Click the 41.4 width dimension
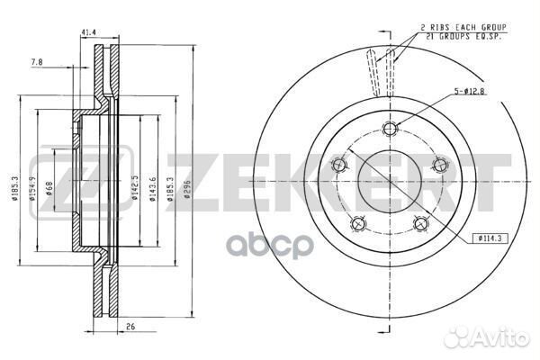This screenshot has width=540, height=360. pos(88,32)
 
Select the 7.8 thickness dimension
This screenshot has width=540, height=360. pos(35,63)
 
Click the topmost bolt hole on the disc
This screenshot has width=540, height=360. pos(388,127)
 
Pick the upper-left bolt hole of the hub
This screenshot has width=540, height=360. pos(338,164)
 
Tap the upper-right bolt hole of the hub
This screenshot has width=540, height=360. pos(439,164)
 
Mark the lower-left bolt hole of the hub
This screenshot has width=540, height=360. pos(357,222)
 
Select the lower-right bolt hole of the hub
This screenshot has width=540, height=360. pos(419,222)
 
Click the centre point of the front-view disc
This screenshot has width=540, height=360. pos(388,180)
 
